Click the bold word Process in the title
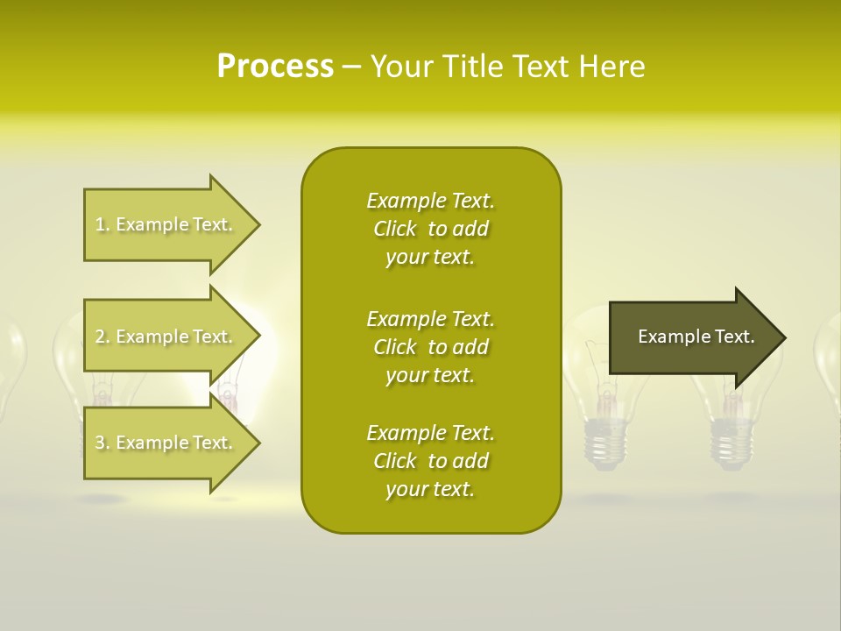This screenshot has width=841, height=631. pyautogui.click(x=275, y=66)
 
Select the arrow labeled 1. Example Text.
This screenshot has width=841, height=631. pyautogui.click(x=166, y=224)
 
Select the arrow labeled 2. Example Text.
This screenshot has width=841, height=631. pyautogui.click(x=166, y=337)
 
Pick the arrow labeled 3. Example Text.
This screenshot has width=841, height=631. pyautogui.click(x=166, y=443)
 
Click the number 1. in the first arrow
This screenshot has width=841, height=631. pyautogui.click(x=102, y=224)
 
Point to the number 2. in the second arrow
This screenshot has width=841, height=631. pyautogui.click(x=102, y=337)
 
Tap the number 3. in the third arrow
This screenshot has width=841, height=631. pyautogui.click(x=102, y=443)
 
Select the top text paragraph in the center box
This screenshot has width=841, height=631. pyautogui.click(x=430, y=229)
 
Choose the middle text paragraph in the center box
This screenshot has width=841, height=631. pyautogui.click(x=430, y=347)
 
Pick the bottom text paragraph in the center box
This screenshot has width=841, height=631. pyautogui.click(x=430, y=461)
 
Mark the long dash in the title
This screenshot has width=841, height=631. pyautogui.click(x=351, y=67)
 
